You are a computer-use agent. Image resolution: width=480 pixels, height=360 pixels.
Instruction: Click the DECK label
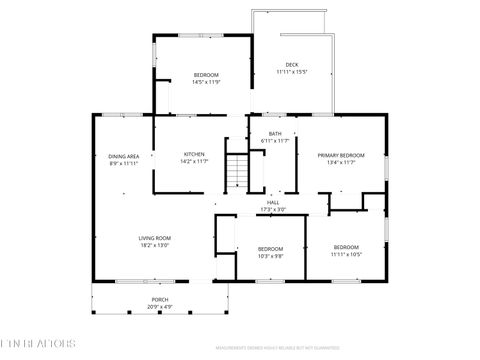click(291, 65)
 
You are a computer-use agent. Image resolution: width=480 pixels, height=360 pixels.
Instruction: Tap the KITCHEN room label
click(194, 154)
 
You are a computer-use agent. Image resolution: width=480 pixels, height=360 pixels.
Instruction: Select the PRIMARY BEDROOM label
click(341, 155)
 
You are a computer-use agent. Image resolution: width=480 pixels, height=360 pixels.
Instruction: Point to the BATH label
click(274, 134)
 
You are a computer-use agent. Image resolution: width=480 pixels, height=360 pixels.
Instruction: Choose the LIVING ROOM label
click(154, 238)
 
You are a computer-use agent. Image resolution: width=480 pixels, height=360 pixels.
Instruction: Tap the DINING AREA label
click(123, 156)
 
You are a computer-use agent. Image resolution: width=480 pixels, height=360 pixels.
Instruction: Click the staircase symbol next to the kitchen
click(235, 172)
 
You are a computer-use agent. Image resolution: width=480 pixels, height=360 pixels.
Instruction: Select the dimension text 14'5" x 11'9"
click(206, 82)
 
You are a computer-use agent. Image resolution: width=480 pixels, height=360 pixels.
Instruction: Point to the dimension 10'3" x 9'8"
click(271, 255)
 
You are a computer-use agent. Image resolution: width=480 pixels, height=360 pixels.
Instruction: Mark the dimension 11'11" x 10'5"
click(346, 253)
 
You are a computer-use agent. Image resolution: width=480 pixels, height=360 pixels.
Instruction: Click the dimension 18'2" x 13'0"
click(154, 245)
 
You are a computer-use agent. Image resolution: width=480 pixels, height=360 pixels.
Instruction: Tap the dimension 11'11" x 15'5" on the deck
click(291, 72)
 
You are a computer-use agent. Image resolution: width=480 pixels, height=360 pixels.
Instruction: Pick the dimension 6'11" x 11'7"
click(274, 141)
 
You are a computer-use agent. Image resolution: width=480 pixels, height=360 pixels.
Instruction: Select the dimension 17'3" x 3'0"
click(273, 210)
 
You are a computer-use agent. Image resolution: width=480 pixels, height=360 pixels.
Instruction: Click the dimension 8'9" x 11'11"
click(123, 163)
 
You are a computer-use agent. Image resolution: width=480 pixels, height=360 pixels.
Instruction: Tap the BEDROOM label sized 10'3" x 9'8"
click(271, 248)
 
